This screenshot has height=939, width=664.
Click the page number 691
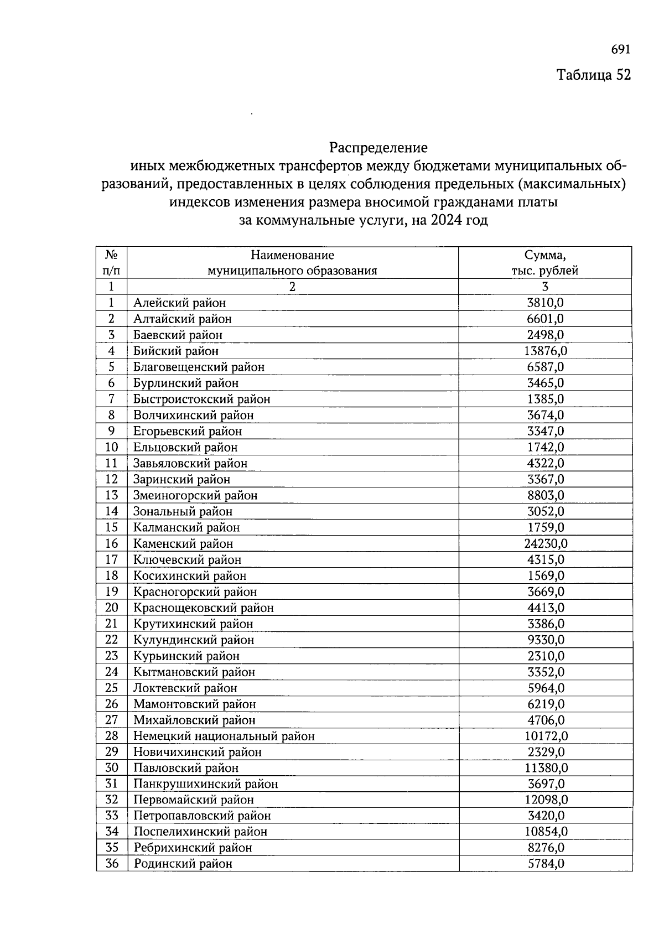click(620, 50)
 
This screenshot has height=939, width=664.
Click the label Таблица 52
click(593, 75)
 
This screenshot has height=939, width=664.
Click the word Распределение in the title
click(378, 148)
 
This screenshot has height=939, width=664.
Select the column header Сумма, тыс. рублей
click(545, 263)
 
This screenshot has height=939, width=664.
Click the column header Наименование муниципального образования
click(292, 263)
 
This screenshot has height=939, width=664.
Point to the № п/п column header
click(111, 263)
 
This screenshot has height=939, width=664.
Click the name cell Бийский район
click(176, 351)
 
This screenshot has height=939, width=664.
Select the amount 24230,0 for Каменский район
click(546, 543)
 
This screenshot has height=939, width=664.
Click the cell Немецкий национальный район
click(224, 736)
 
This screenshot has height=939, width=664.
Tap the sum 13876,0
click(546, 351)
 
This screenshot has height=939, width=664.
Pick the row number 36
click(112, 863)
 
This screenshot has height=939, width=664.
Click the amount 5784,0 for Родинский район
click(546, 863)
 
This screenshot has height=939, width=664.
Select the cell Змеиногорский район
click(195, 495)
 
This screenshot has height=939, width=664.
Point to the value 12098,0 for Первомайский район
click(546, 800)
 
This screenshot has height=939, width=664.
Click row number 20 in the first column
click(112, 608)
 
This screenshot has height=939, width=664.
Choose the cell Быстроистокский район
click(202, 399)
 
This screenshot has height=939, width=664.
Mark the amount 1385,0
click(546, 399)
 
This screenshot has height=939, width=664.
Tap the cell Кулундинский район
click(194, 640)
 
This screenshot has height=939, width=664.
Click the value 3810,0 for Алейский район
click(546, 303)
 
